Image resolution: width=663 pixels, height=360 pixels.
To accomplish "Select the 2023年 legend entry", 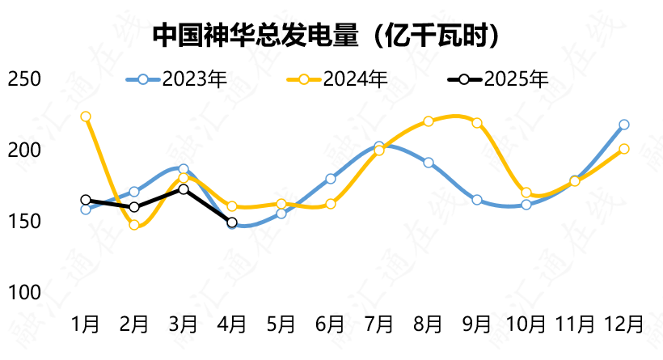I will tap(178, 79).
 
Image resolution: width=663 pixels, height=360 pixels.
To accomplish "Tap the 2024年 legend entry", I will tap(339, 79).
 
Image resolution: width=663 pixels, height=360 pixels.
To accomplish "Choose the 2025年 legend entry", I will tap(499, 79).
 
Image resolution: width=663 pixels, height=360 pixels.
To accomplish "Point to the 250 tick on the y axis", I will tap(23, 79).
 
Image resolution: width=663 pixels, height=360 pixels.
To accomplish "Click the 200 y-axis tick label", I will tap(23, 150).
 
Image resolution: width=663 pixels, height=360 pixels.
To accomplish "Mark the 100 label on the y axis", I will tap(23, 292).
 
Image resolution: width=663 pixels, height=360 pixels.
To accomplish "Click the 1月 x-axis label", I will tap(86, 324).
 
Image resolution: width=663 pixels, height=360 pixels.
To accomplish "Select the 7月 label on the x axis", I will tap(378, 324).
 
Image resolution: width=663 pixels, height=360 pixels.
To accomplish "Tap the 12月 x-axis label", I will tap(623, 324).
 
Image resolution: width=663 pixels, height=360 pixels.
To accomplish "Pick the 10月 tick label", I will tap(526, 324).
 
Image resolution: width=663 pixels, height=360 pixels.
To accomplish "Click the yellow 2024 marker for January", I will tap(86, 116).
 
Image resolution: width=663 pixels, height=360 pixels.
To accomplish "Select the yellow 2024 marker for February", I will tap(134, 225).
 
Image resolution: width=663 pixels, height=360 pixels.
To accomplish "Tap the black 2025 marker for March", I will tap(184, 189).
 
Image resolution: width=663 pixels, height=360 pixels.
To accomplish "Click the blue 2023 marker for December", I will tap(623, 125).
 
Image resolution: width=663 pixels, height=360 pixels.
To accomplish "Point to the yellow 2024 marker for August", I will tap(428, 121).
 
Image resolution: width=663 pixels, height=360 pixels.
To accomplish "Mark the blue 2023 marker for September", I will tap(477, 200).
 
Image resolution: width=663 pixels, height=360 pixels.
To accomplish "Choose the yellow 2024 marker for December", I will tap(623, 149).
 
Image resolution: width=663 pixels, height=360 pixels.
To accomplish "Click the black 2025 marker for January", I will tap(86, 200).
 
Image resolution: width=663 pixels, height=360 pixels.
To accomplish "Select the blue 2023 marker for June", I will tap(330, 179).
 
